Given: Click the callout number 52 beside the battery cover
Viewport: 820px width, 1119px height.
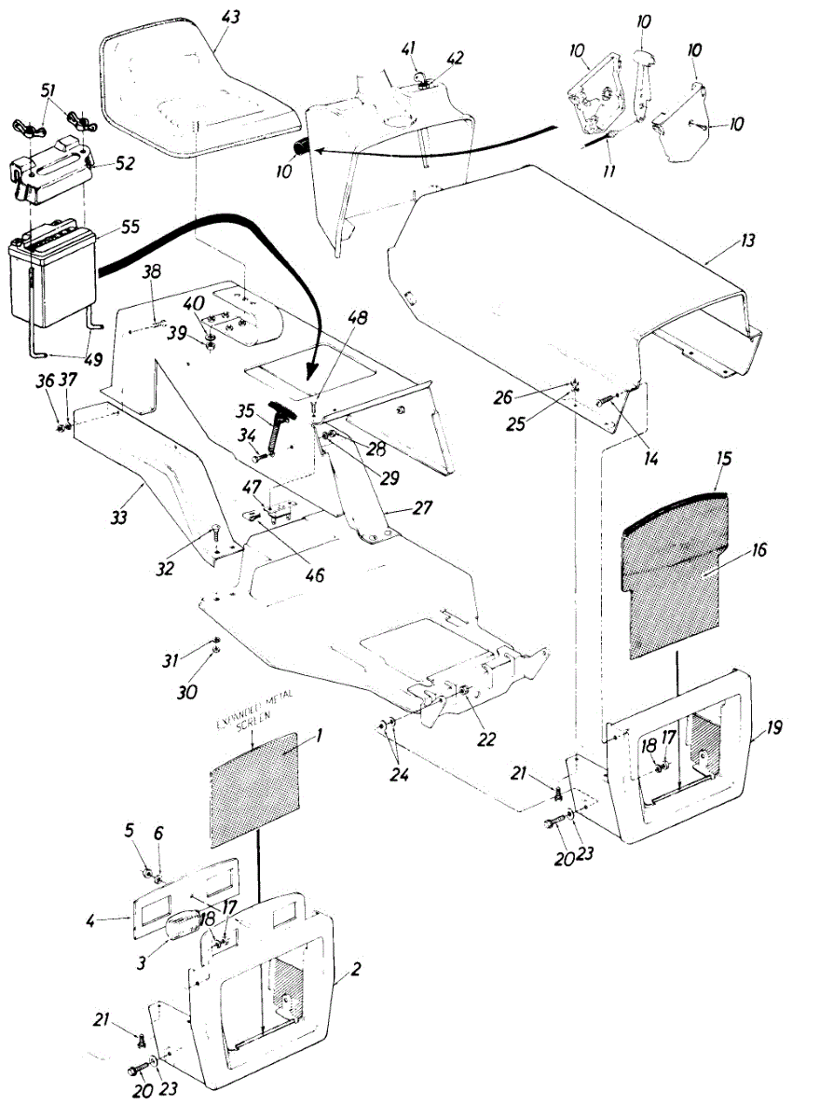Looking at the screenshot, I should coord(125,163).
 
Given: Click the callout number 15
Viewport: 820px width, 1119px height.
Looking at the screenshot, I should coord(726,460).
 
